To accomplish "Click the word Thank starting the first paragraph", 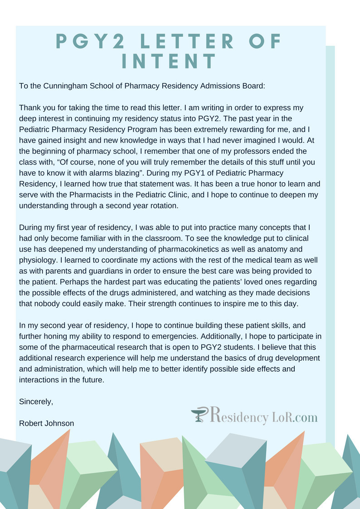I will click(30, 108).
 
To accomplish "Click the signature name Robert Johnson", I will click(46, 423).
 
